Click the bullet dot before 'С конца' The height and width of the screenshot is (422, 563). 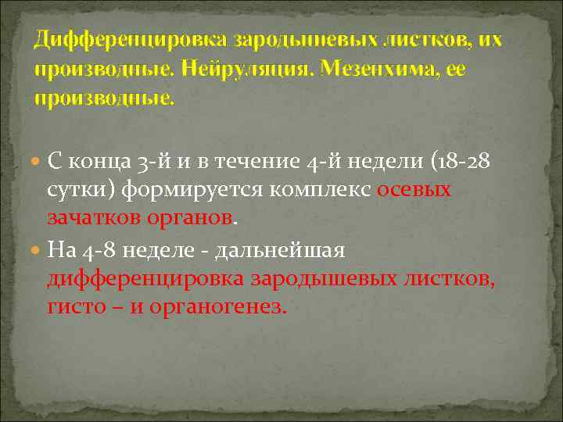[x=38, y=162]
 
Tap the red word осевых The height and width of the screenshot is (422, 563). [x=414, y=191]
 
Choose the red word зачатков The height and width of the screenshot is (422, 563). [x=95, y=220]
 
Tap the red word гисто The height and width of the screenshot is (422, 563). [x=74, y=307]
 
